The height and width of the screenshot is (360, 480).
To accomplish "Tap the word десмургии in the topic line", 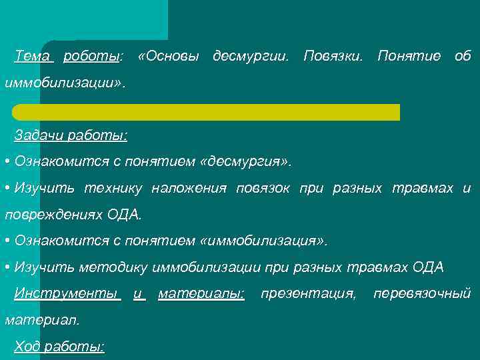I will click(x=251, y=57).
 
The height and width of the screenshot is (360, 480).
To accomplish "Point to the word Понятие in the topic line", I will click(x=409, y=57).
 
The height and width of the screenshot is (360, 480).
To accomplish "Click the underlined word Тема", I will click(x=32, y=57).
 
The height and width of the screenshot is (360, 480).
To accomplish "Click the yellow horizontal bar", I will click(x=206, y=112).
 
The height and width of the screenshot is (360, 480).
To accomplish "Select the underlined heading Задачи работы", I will click(x=71, y=135).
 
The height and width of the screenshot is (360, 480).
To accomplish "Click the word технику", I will click(x=112, y=189).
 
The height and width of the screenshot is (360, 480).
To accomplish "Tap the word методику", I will click(x=114, y=267).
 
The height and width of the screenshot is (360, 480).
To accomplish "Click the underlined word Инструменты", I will click(x=67, y=293).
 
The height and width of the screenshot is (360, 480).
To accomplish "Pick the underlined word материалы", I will click(x=201, y=293).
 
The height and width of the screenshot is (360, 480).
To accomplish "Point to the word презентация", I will click(x=308, y=293).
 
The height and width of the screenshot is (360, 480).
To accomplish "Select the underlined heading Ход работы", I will click(x=59, y=347).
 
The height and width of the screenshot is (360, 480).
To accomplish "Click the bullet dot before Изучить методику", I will click(x=6, y=267).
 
